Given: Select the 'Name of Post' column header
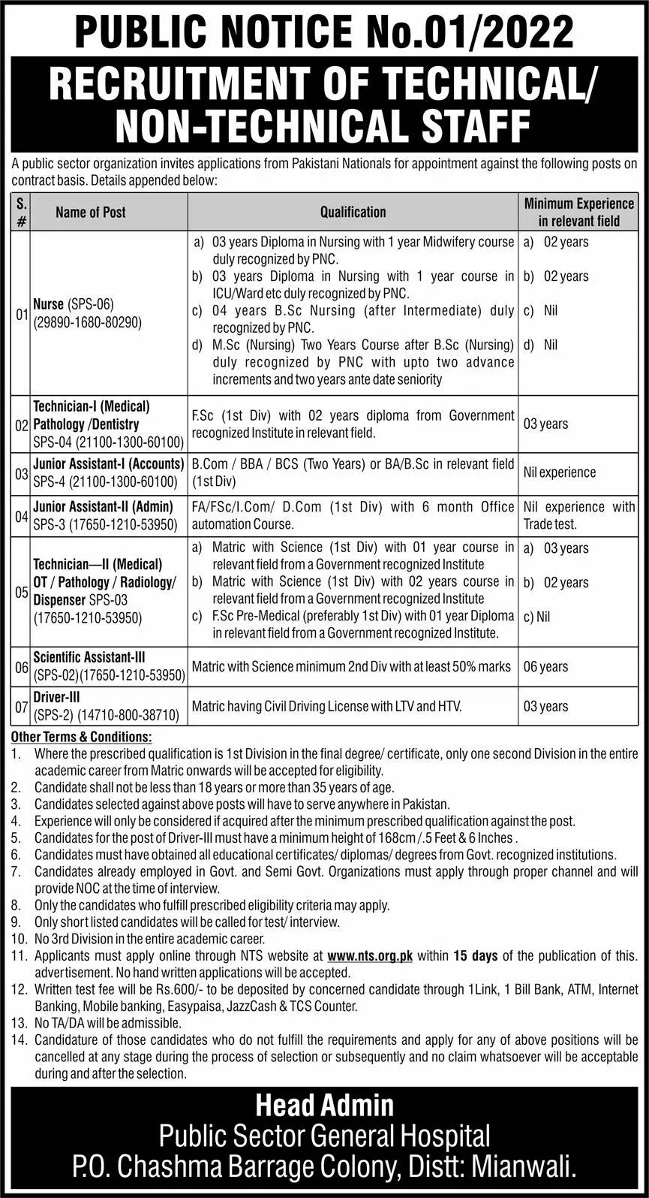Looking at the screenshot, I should (x=91, y=213).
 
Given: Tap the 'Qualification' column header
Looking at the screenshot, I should (x=353, y=213).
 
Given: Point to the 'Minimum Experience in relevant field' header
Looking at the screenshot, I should (x=578, y=213).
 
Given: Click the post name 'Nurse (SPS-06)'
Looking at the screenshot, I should (x=73, y=305).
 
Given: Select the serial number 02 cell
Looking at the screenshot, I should (x=21, y=424).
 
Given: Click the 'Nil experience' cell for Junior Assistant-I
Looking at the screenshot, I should (x=560, y=472).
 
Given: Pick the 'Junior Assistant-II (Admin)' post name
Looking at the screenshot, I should (x=104, y=507).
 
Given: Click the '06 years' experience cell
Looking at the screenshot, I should (x=545, y=667).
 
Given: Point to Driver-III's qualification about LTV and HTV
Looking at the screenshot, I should (x=326, y=707).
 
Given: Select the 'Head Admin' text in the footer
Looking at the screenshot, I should (x=324, y=1105).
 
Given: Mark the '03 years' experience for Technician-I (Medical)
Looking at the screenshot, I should (x=545, y=424).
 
